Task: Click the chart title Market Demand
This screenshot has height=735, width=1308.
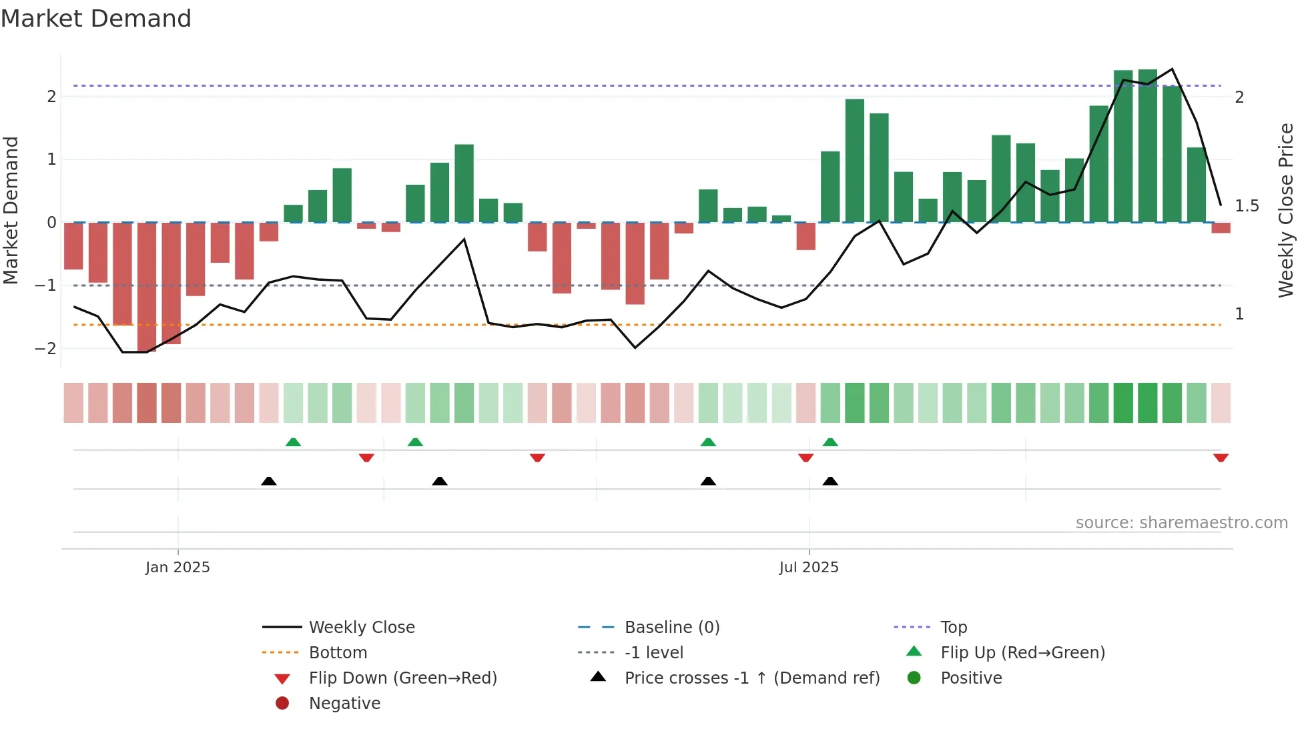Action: coord(96,18)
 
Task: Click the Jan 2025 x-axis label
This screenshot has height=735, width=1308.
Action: coord(178,567)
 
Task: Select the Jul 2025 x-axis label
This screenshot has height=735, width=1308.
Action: coord(808,567)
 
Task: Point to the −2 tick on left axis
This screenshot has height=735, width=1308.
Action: coord(46,348)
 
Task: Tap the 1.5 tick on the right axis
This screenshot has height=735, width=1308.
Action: coord(1247,205)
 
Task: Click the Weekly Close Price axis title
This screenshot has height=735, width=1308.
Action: coord(1285,210)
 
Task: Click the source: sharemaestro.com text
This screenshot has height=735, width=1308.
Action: coord(1181,522)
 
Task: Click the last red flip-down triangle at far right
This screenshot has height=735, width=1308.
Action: coord(1221,458)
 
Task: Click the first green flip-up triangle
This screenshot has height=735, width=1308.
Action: coord(293,442)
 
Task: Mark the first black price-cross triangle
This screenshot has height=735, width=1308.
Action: coord(268,481)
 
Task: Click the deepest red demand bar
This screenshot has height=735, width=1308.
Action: coord(147,287)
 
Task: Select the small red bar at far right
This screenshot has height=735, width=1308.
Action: coord(1221,227)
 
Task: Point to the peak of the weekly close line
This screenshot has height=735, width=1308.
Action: coord(1172,69)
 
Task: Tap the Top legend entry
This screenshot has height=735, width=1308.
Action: coord(953,627)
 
